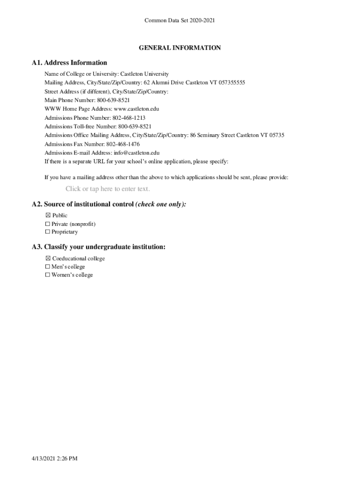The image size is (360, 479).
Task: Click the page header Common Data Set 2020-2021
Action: click(x=180, y=20)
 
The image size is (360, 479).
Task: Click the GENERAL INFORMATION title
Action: click(x=180, y=48)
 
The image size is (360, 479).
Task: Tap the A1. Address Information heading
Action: click(x=69, y=63)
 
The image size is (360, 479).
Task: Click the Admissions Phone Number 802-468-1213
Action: click(x=129, y=118)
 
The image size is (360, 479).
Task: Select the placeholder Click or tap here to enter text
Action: click(x=108, y=189)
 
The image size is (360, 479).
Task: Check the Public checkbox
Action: click(x=48, y=216)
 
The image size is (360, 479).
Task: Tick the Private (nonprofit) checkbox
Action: click(x=48, y=224)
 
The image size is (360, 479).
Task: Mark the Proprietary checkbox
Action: click(x=48, y=232)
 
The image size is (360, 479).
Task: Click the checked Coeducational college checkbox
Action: click(x=48, y=259)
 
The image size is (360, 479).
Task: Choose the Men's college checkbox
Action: click(x=48, y=267)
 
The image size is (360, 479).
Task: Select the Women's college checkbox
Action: click(x=48, y=275)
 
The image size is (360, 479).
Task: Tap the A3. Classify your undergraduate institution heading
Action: click(x=98, y=247)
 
